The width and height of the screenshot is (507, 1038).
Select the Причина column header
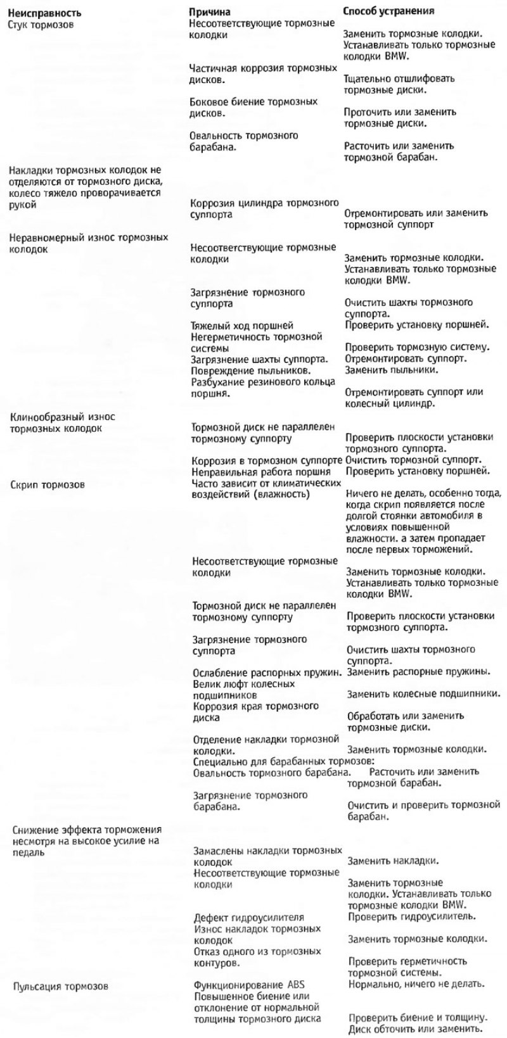click(210, 13)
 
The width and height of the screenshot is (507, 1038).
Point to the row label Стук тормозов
click(42, 25)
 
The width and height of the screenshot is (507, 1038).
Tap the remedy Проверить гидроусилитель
click(413, 916)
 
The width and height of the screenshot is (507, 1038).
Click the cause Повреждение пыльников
click(250, 370)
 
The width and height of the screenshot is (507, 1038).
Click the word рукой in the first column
click(22, 205)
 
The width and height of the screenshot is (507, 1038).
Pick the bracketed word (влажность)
click(279, 494)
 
